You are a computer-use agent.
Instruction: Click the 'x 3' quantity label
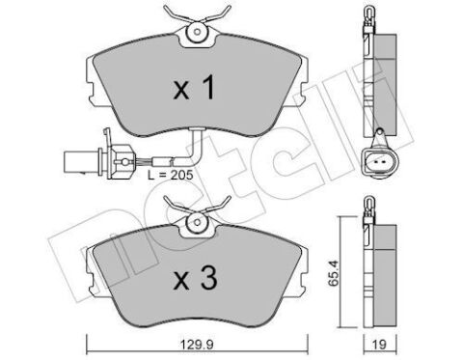pos(195,278)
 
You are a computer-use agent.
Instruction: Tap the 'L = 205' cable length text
pos(171,175)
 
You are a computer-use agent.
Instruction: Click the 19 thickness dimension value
pos(380,345)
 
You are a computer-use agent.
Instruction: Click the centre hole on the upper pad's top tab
pos(197,32)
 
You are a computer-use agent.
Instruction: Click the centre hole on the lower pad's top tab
pos(197,222)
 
